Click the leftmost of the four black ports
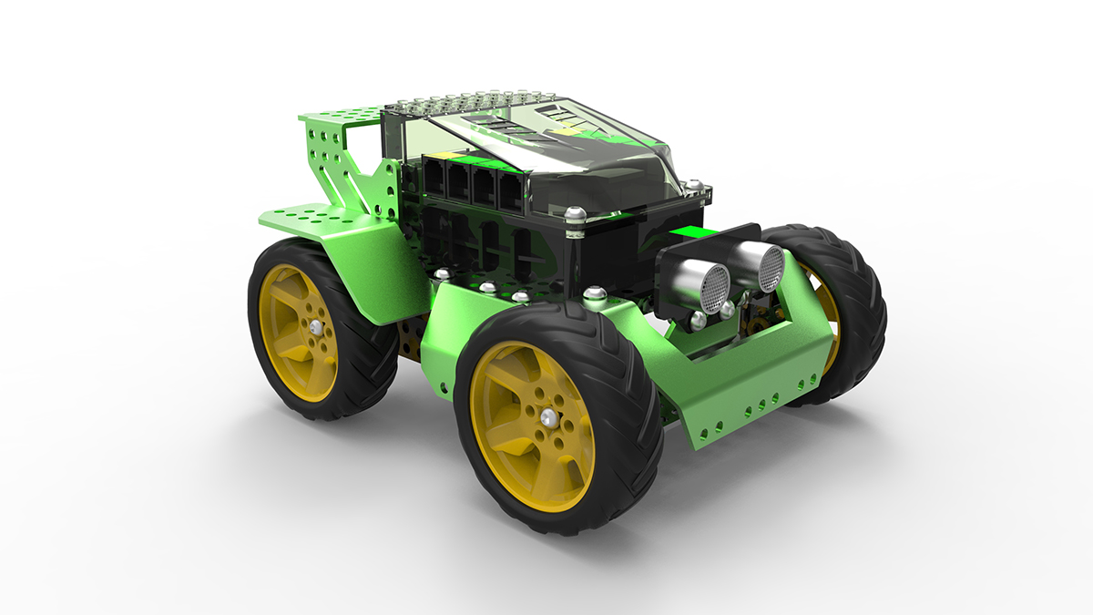pos(434,179)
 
